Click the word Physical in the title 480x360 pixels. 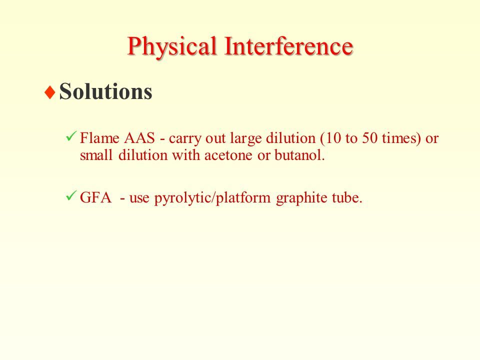172,46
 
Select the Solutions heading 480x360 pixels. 105,91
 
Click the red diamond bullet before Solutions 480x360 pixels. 49,92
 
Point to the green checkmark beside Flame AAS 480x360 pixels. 70,136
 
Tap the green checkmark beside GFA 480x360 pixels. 70,195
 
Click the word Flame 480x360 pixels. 99,138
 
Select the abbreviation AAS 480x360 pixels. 139,138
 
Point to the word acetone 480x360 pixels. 228,155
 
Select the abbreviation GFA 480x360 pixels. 95,197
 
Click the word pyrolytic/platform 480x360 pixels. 212,198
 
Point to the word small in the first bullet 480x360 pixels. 96,155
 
